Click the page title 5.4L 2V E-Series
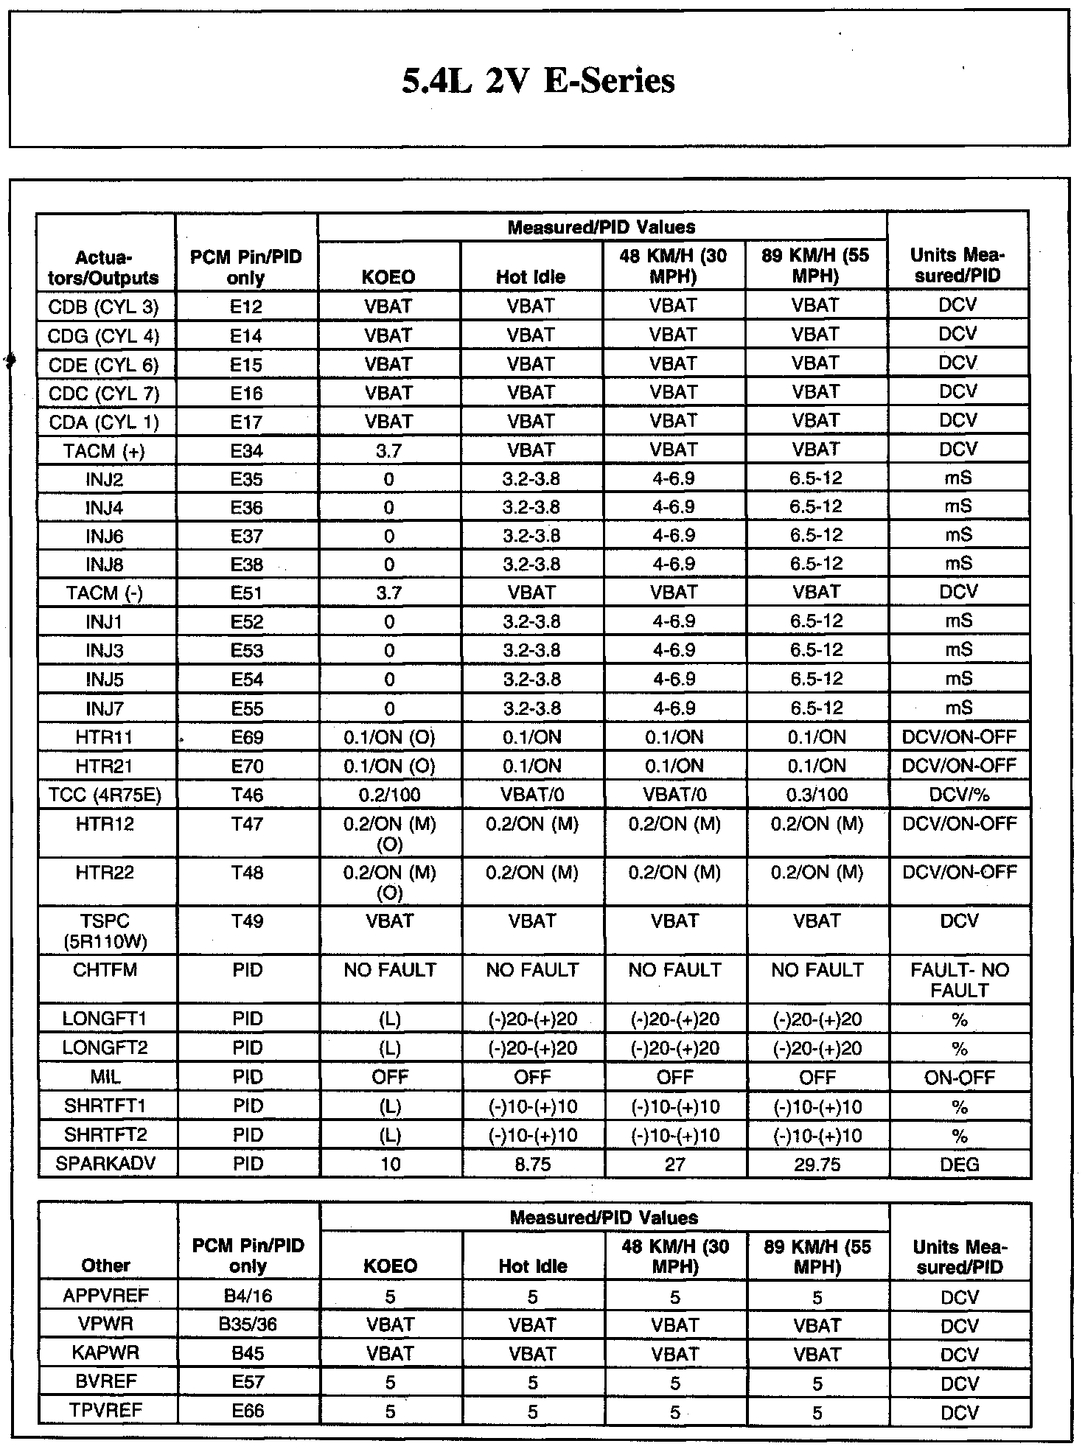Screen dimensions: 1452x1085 [x=538, y=80]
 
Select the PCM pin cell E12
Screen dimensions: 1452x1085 [x=246, y=307]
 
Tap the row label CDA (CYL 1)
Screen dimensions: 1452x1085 [x=104, y=422]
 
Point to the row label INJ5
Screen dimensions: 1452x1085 [x=104, y=680]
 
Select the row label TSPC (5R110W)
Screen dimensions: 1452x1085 [x=104, y=931]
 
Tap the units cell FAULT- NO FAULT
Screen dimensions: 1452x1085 [x=959, y=980]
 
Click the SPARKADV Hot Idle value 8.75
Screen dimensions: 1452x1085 [x=531, y=1165]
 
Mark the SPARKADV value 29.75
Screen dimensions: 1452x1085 [x=816, y=1165]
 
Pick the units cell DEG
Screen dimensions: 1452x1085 [x=959, y=1165]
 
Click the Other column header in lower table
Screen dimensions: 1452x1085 [x=105, y=1266]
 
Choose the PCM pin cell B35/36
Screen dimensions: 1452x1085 [x=248, y=1324]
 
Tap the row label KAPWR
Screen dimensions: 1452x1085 [x=105, y=1353]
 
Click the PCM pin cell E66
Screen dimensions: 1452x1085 [x=248, y=1411]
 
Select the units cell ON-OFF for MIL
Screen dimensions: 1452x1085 [x=959, y=1078]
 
